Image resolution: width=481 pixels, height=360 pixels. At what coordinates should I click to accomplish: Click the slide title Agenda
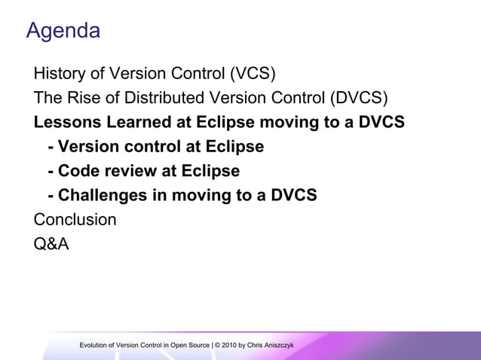point(63,31)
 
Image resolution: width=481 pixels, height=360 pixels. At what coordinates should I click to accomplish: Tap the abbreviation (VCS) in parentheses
point(252,74)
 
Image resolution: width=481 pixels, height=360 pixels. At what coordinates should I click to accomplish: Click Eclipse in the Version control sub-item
point(231,147)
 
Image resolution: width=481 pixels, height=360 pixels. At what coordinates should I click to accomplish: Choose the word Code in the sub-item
point(78,171)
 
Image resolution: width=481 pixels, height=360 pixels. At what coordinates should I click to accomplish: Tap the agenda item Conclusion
point(75,220)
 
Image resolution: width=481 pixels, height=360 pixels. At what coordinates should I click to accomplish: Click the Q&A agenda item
point(51,244)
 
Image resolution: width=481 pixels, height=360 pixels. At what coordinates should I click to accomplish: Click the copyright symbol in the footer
point(217,345)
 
